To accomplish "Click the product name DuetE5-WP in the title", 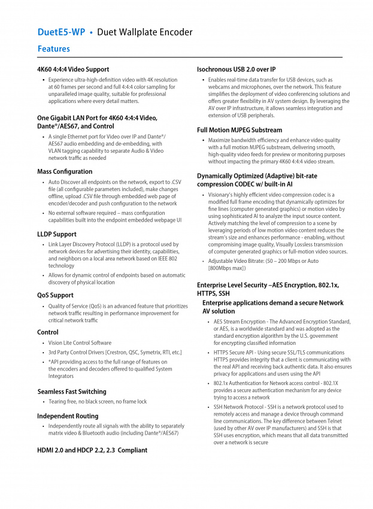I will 62,32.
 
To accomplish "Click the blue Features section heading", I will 53,49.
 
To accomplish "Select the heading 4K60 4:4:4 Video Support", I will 73,69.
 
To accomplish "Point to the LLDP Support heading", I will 57,234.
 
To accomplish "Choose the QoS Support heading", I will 55,295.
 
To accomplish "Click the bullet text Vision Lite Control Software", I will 80,343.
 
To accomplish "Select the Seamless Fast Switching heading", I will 71,392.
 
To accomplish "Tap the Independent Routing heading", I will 68,416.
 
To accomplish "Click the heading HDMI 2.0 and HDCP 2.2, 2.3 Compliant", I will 92,450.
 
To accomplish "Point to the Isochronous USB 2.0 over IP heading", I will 236,69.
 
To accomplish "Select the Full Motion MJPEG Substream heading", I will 239,130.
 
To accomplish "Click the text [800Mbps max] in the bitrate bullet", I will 227,268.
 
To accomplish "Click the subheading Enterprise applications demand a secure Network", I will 273,303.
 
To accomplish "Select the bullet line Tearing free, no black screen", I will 98,402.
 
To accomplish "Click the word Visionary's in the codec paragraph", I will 222,195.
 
